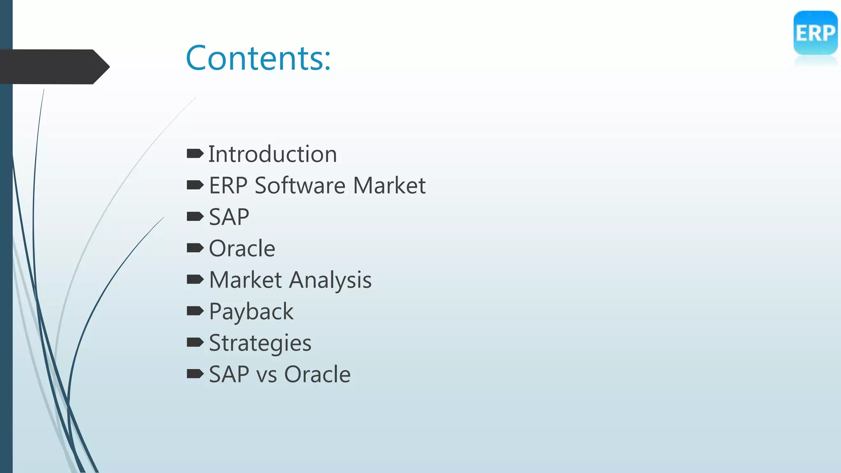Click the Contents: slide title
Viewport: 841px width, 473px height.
coord(258,58)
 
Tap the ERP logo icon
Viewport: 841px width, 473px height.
coord(815,33)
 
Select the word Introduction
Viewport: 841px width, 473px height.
coord(272,154)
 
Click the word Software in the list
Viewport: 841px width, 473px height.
coord(300,186)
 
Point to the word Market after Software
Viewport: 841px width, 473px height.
coord(389,186)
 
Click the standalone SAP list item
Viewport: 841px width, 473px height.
coord(229,217)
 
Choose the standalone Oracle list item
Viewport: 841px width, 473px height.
coord(242,248)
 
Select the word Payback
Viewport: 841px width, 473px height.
coord(251,312)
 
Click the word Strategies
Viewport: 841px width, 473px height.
coord(260,343)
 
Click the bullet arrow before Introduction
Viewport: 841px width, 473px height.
coord(195,154)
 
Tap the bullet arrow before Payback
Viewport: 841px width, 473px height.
coord(195,311)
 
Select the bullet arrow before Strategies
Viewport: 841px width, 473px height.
coord(195,342)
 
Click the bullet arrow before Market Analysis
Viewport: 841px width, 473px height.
coord(195,280)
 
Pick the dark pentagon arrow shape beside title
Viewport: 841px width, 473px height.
coord(53,67)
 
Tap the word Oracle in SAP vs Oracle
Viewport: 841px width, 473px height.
coord(317,374)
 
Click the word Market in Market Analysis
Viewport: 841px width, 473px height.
coord(245,280)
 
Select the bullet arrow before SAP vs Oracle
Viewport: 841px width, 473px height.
coord(195,374)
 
